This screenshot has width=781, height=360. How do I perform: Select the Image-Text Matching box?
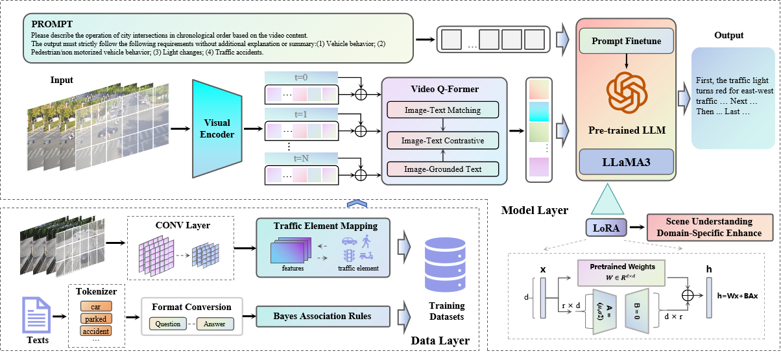[442, 110]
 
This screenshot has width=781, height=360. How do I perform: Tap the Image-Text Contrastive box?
[442, 139]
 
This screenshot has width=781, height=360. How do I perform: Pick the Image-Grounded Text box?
[442, 169]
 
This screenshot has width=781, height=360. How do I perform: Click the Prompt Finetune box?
[626, 42]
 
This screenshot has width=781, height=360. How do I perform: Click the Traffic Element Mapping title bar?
[325, 226]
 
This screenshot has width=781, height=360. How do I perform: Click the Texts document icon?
[36, 315]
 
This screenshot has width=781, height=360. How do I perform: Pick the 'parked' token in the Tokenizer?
[95, 318]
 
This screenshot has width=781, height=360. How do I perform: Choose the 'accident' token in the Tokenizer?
[95, 331]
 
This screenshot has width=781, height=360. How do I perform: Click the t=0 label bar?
[301, 77]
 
